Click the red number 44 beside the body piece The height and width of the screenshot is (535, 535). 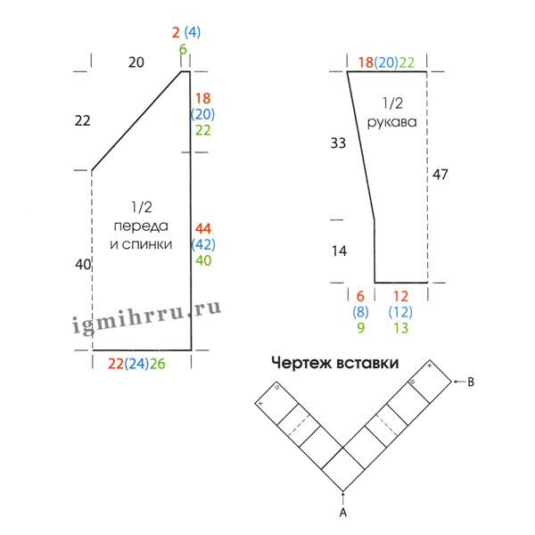(203, 228)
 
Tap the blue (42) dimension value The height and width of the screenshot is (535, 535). (203, 244)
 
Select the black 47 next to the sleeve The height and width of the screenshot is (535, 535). (440, 175)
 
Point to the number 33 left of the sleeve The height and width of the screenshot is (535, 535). (338, 143)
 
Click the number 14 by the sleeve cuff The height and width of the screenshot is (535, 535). (339, 251)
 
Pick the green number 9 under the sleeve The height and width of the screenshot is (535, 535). (360, 328)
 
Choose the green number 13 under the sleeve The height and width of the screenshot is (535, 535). (401, 328)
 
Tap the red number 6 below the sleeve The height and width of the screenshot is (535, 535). (360, 296)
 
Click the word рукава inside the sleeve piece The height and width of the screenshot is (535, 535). (392, 122)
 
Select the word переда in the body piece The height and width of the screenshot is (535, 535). (141, 226)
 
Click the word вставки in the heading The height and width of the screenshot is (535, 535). (366, 363)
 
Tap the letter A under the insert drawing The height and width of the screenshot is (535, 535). (343, 512)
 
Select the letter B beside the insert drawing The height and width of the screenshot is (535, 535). (471, 382)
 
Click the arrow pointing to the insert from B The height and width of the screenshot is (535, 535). (459, 382)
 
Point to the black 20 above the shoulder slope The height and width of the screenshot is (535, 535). (136, 62)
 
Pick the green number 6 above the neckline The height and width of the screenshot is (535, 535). (183, 49)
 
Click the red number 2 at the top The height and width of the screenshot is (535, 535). (176, 33)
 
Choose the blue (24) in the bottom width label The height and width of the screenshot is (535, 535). (136, 364)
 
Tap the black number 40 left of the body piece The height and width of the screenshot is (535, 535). (83, 265)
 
